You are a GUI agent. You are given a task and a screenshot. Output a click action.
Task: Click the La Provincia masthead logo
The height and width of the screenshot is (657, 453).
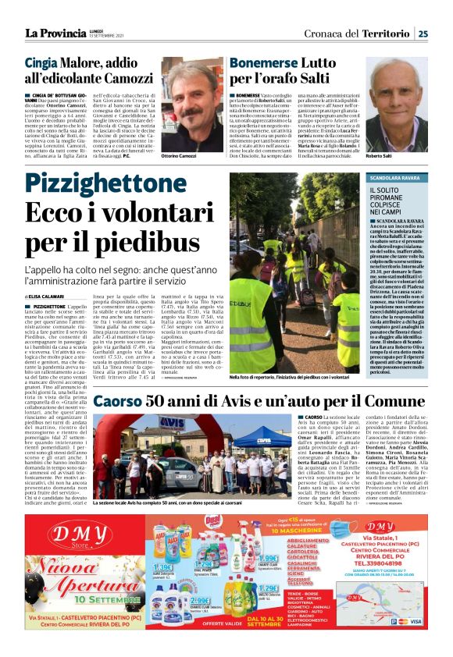coord(55,33)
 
